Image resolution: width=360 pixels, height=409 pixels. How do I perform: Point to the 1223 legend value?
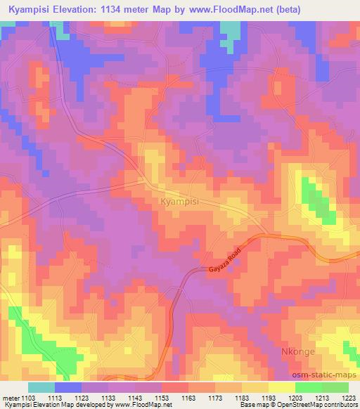[x=349, y=397]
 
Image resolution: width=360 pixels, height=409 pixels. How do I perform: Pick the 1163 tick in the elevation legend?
[x=188, y=397]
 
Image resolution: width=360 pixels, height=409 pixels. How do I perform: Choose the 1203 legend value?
[x=295, y=397]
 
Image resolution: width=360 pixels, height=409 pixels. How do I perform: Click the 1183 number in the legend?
[x=242, y=397]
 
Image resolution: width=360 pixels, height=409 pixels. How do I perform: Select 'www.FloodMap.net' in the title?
[x=261, y=8]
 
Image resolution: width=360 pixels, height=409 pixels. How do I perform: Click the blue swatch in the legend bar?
[x=67, y=387]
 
